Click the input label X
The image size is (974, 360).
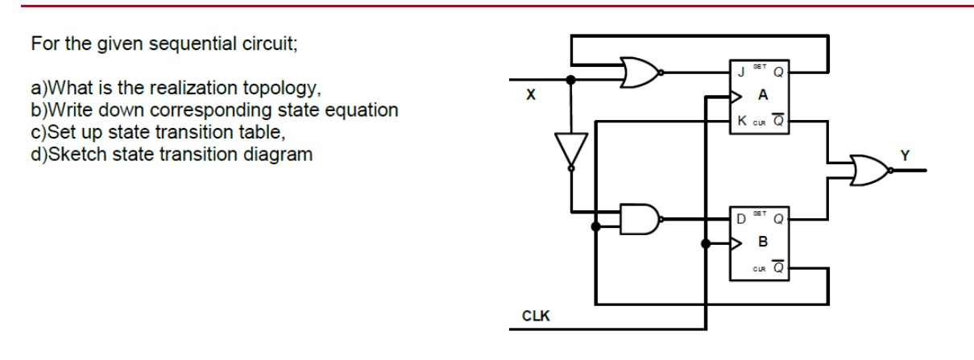(x=529, y=96)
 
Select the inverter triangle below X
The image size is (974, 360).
(x=570, y=151)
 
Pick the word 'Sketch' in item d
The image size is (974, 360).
(x=67, y=155)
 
